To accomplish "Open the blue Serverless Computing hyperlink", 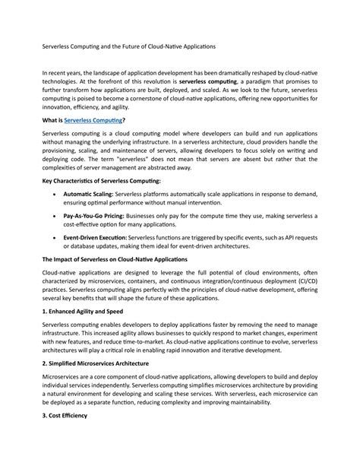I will click(x=93, y=120).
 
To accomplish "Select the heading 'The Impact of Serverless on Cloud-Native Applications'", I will click(x=117, y=259).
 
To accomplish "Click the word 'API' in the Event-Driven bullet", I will click(x=279, y=238).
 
